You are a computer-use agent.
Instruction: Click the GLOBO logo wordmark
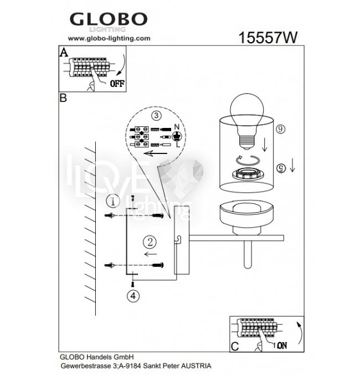click(x=109, y=19)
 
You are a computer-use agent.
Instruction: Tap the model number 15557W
click(x=268, y=38)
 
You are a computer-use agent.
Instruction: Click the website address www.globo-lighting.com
click(x=109, y=38)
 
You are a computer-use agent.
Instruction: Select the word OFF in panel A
click(x=117, y=84)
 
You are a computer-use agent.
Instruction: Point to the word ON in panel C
click(x=282, y=345)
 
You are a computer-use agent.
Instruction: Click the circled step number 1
click(x=113, y=201)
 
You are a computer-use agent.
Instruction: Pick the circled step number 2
click(x=150, y=242)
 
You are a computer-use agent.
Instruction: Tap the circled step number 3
click(x=156, y=116)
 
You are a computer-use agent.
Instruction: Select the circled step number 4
click(x=133, y=296)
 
